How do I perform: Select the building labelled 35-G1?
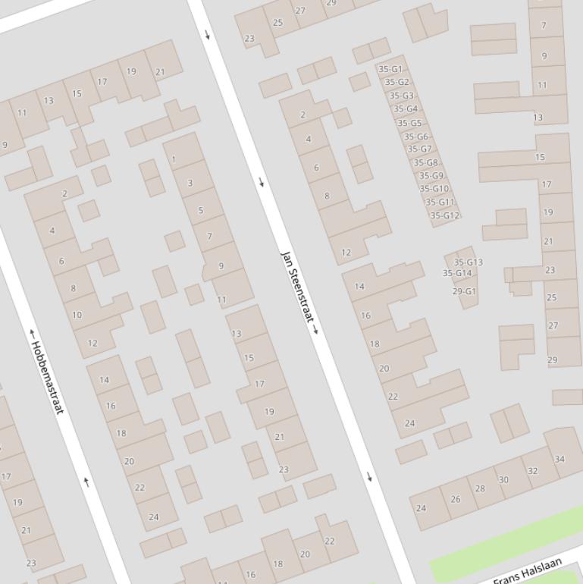coord(390,69)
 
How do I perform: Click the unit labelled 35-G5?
coord(409,123)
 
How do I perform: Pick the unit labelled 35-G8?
coord(425,162)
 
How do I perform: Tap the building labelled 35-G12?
coord(445,215)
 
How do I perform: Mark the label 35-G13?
coord(468,262)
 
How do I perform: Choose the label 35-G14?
coord(457,273)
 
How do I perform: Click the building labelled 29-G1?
coord(465,291)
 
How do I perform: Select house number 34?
coord(559,459)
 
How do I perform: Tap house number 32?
coord(532,470)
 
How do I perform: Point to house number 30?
coord(503,479)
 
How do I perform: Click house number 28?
coord(480,488)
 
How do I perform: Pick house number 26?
coord(455,499)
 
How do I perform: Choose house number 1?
coord(174,159)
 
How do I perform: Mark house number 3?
coord(190,183)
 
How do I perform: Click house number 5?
coord(201,210)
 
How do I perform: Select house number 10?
coord(77,315)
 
